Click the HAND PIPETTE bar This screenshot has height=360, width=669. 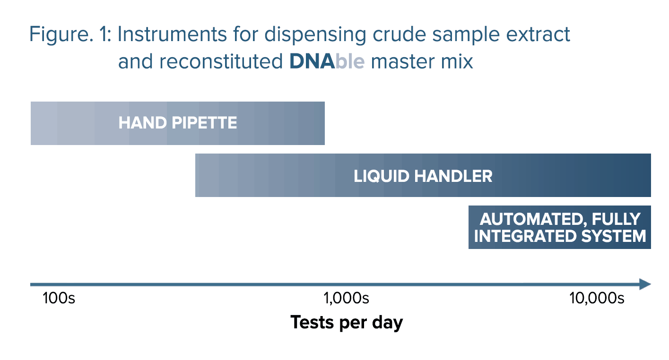point(178,123)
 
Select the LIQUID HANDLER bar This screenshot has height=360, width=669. point(423,175)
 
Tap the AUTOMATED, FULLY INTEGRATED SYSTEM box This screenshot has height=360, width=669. point(560,227)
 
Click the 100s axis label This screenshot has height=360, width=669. point(59,298)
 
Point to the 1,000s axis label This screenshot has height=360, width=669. point(347,298)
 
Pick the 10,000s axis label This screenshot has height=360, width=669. point(597,298)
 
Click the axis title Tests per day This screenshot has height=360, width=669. point(347,323)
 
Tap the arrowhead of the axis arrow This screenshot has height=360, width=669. point(645,284)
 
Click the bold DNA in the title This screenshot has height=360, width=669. point(312,61)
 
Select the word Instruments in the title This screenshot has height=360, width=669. point(172,34)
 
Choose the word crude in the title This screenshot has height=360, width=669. point(399,34)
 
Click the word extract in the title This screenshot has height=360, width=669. point(538,34)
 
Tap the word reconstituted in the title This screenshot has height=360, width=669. point(221,61)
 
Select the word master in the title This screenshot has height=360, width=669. point(402,62)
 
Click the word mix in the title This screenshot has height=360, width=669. point(457,61)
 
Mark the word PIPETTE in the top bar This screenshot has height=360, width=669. point(204,123)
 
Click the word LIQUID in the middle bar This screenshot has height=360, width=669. point(382,176)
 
